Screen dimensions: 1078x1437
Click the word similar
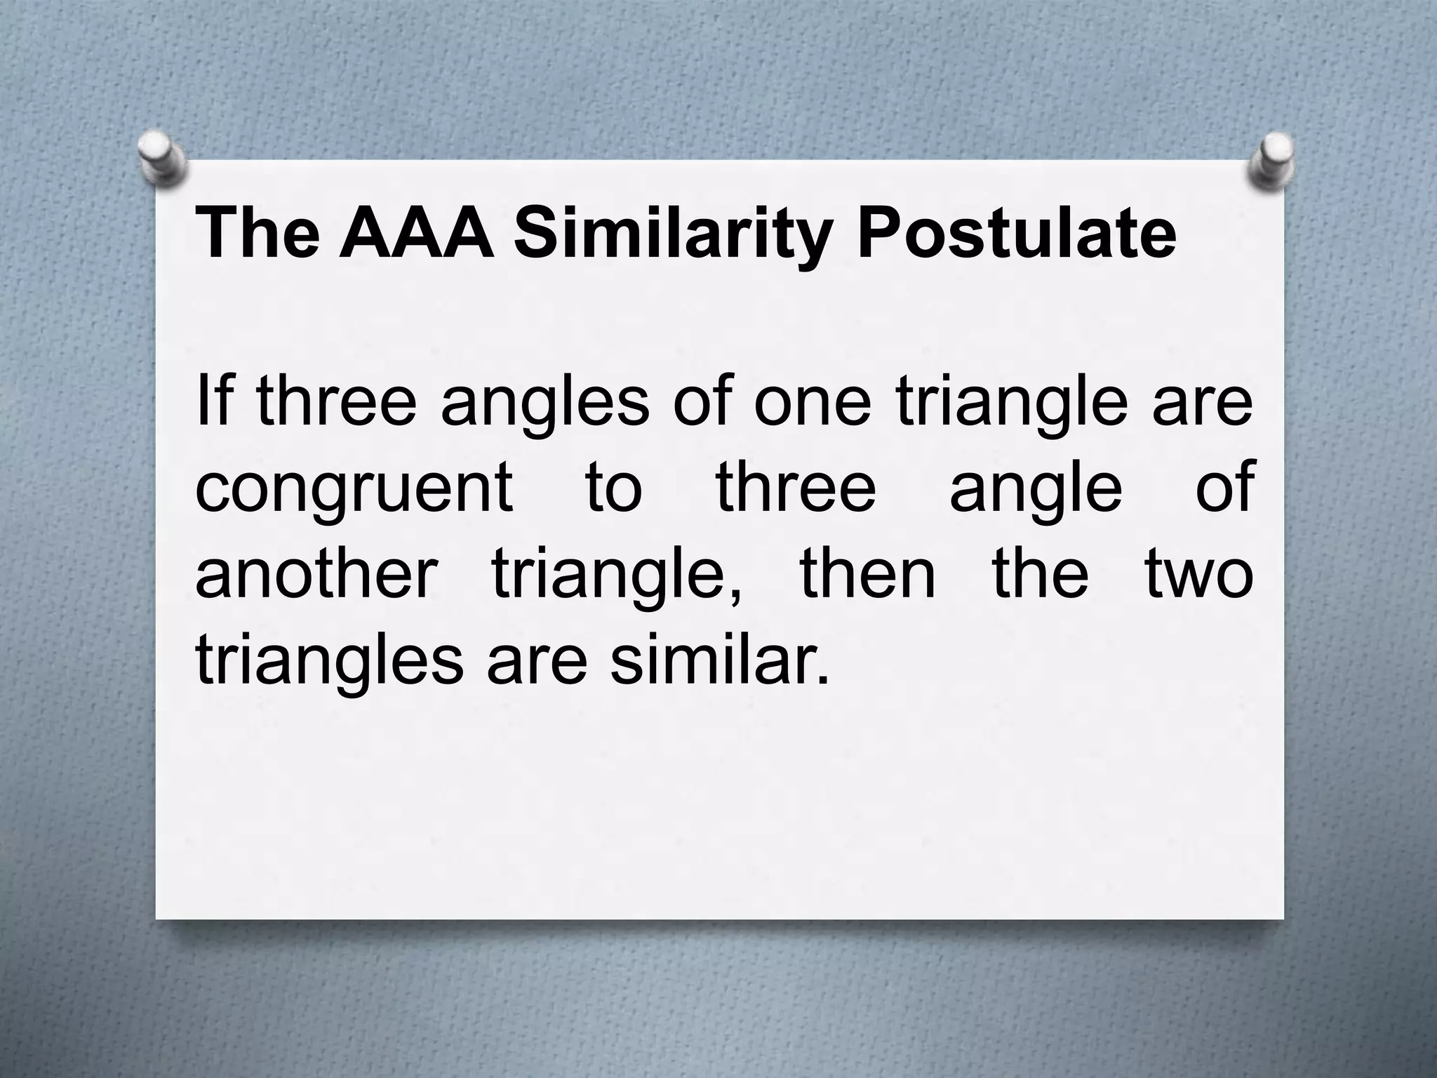click(x=718, y=661)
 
